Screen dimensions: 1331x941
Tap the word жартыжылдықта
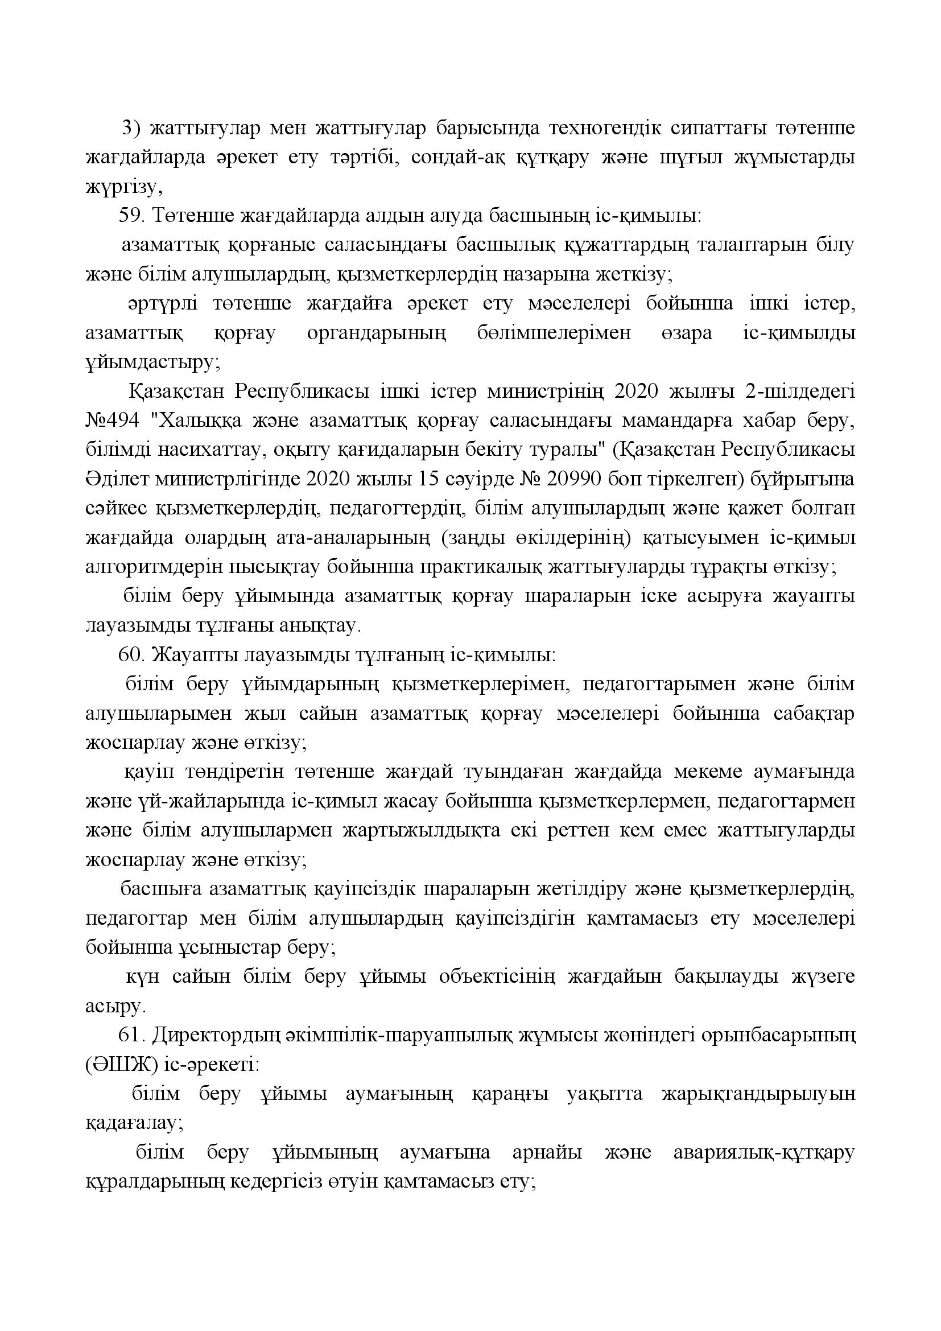point(422,831)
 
